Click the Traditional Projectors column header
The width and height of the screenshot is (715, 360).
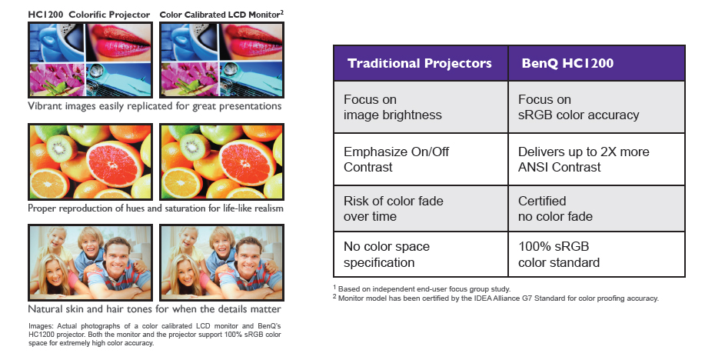pos(421,63)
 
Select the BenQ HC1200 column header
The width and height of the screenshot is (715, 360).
pos(597,63)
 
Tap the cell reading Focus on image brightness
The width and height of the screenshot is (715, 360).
pos(421,107)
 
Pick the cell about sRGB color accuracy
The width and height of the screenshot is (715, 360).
pos(597,107)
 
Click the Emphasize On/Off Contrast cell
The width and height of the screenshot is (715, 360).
pos(421,159)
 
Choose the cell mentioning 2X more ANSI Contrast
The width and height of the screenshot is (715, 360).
pos(597,159)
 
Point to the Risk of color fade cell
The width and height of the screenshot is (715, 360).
pos(421,208)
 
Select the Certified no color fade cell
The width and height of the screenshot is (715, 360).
pos(597,208)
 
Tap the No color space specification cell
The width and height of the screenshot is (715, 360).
pos(421,254)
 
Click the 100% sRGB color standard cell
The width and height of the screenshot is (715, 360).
pos(597,254)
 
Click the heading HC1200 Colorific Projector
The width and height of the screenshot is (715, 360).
pos(89,15)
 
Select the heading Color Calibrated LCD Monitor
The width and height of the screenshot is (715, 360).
pos(221,15)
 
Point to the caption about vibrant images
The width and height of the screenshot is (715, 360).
pos(155,106)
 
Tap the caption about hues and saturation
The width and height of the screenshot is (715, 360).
pos(155,208)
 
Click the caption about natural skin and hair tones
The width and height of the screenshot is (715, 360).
pos(154,309)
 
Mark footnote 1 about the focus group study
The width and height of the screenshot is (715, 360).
pos(422,288)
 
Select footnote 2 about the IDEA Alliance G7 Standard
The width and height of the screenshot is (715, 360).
pos(496,298)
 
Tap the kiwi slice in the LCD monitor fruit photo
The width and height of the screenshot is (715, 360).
pos(195,145)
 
